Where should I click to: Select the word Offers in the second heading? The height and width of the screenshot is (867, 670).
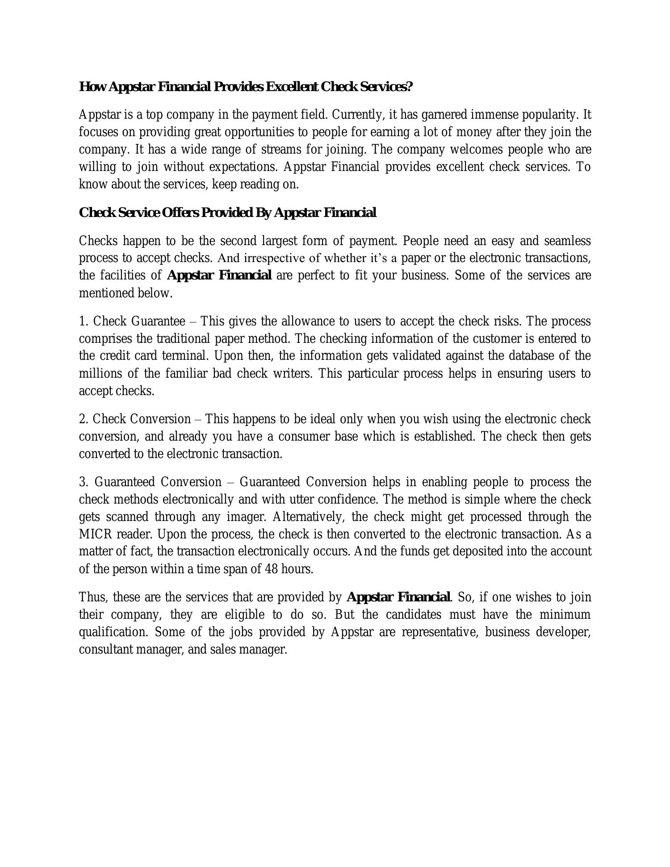(177, 213)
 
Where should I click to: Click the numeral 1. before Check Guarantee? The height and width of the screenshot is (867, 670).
(84, 321)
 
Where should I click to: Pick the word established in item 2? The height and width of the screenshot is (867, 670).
(444, 436)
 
